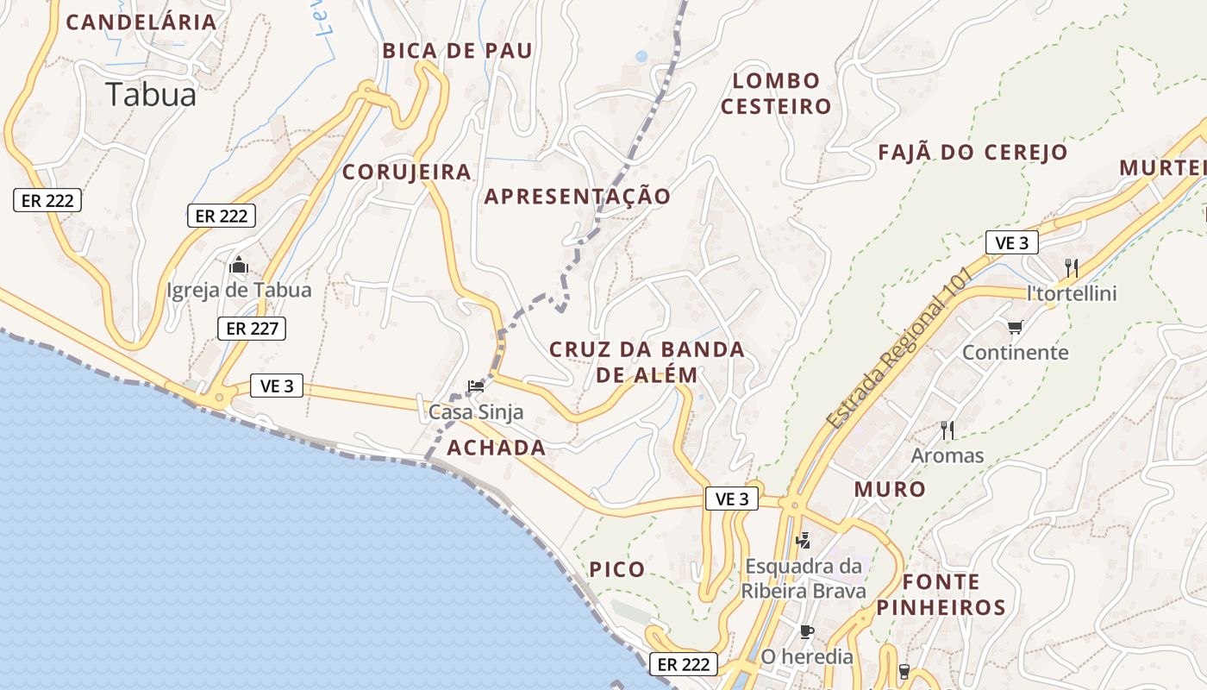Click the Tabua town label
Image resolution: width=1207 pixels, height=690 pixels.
pos(151,94)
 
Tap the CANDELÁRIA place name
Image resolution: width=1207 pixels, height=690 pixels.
pos(141,22)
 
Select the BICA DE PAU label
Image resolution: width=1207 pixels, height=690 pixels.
pos(457,51)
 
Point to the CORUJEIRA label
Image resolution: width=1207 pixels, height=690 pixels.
pos(407,172)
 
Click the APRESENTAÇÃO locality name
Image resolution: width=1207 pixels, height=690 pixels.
pos(577,197)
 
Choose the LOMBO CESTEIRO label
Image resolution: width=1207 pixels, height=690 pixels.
pos(776,93)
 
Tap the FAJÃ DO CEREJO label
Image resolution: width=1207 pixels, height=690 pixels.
pos(972,153)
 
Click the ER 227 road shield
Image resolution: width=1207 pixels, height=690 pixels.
pos(251,328)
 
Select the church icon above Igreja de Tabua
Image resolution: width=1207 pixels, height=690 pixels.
pos(239,265)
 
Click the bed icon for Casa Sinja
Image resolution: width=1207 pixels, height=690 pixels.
pos(476,386)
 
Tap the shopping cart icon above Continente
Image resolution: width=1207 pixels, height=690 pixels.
pos(1015,327)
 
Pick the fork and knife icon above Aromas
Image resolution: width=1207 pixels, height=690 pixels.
pos(947,429)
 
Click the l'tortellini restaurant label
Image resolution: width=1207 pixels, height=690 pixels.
pos(1072,293)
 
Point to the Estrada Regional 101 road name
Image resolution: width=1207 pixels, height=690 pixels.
pos(898,348)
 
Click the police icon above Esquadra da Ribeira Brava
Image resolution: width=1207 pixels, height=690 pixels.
pos(804,541)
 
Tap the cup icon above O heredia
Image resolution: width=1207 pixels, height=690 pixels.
pos(806,631)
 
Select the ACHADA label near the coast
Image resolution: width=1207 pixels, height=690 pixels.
pos(496,448)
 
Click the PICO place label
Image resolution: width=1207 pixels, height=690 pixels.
pos(616,569)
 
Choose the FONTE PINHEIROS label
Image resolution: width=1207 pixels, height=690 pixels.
pos(941,594)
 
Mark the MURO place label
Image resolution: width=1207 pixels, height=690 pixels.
pos(890,489)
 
